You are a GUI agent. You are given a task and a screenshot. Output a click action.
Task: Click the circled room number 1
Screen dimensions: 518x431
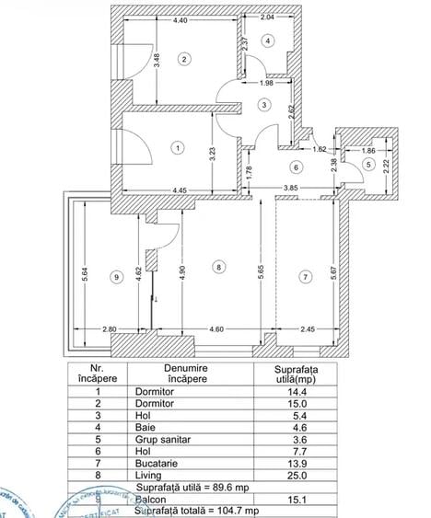pos(178,145)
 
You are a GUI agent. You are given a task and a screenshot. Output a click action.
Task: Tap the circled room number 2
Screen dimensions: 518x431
pos(184,60)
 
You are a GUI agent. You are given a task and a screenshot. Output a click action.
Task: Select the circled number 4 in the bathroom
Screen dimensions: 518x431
pos(267,40)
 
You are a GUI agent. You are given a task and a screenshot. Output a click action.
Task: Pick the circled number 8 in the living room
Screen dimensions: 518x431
pos(217,267)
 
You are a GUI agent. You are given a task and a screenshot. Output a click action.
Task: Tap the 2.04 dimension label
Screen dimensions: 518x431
pos(267,17)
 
